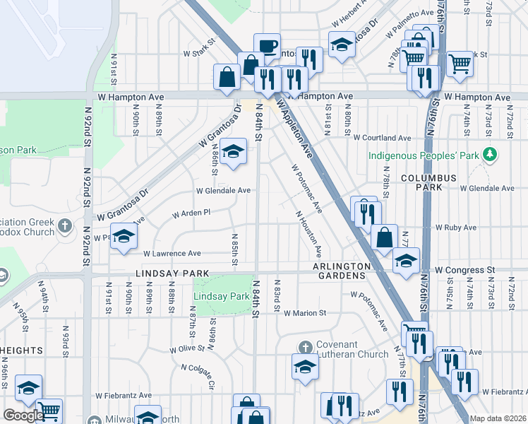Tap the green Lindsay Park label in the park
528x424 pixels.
tap(221, 296)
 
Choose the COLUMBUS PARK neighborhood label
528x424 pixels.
tap(421, 182)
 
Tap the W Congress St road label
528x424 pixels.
tap(464, 270)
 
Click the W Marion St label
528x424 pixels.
tap(305, 312)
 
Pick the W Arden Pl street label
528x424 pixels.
tap(192, 213)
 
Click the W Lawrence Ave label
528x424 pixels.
tap(172, 253)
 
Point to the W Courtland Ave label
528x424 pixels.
tap(382, 138)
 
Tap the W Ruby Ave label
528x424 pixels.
tap(456, 228)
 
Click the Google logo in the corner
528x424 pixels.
tap(23, 416)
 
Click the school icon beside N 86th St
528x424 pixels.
tap(233, 151)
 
